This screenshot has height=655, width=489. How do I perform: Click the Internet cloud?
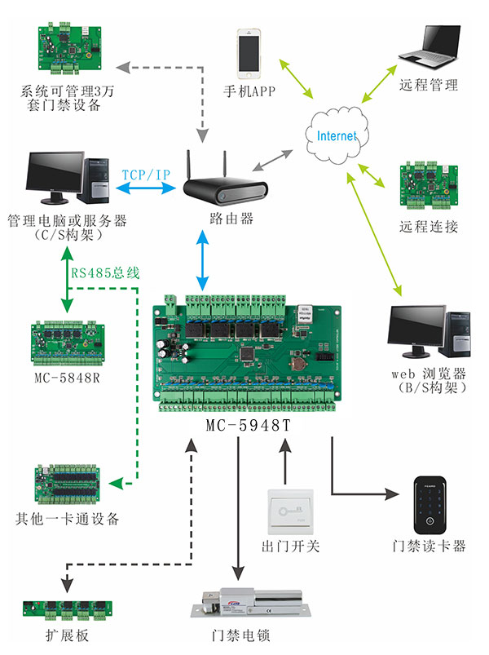coord(336,135)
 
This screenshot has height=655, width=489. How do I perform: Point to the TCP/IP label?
coord(146,175)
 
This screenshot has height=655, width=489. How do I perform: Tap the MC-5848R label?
coord(67,378)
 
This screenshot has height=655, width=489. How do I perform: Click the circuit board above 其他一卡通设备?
coord(68,484)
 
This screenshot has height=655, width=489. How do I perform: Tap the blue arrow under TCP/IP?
coord(147,188)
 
